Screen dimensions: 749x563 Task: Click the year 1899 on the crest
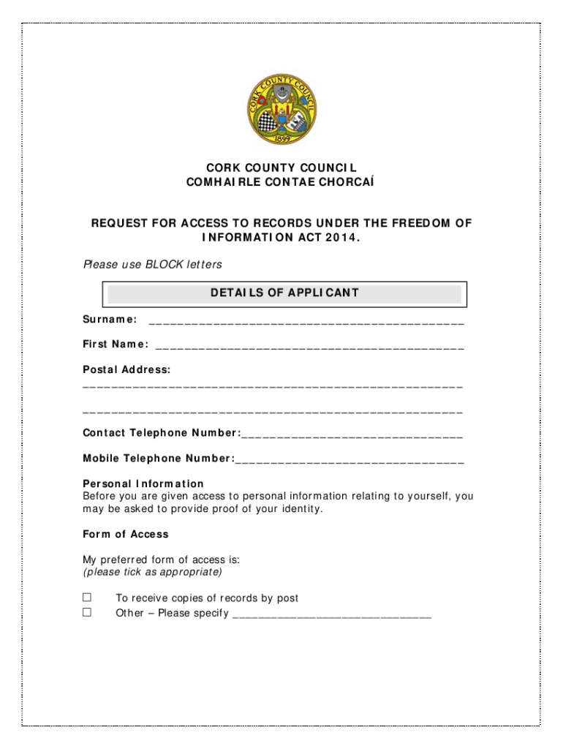coord(281,138)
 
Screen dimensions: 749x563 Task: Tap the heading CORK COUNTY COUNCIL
coord(281,168)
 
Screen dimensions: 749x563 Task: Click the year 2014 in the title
coord(341,237)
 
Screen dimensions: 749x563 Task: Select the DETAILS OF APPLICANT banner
coord(284,293)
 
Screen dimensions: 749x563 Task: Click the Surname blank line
coord(306,322)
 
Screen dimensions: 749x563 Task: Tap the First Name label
coord(116,345)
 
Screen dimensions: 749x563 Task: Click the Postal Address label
coord(126,370)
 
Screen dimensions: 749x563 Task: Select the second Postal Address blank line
coord(273,413)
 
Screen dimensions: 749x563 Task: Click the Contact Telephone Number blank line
coord(352,437)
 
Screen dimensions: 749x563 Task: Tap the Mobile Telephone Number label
coord(159,459)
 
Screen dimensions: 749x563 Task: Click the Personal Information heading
coord(143,483)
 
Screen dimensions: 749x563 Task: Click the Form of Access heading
coord(126,534)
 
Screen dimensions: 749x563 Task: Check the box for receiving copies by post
coord(87,598)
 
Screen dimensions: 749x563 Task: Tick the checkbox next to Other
coord(87,612)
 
